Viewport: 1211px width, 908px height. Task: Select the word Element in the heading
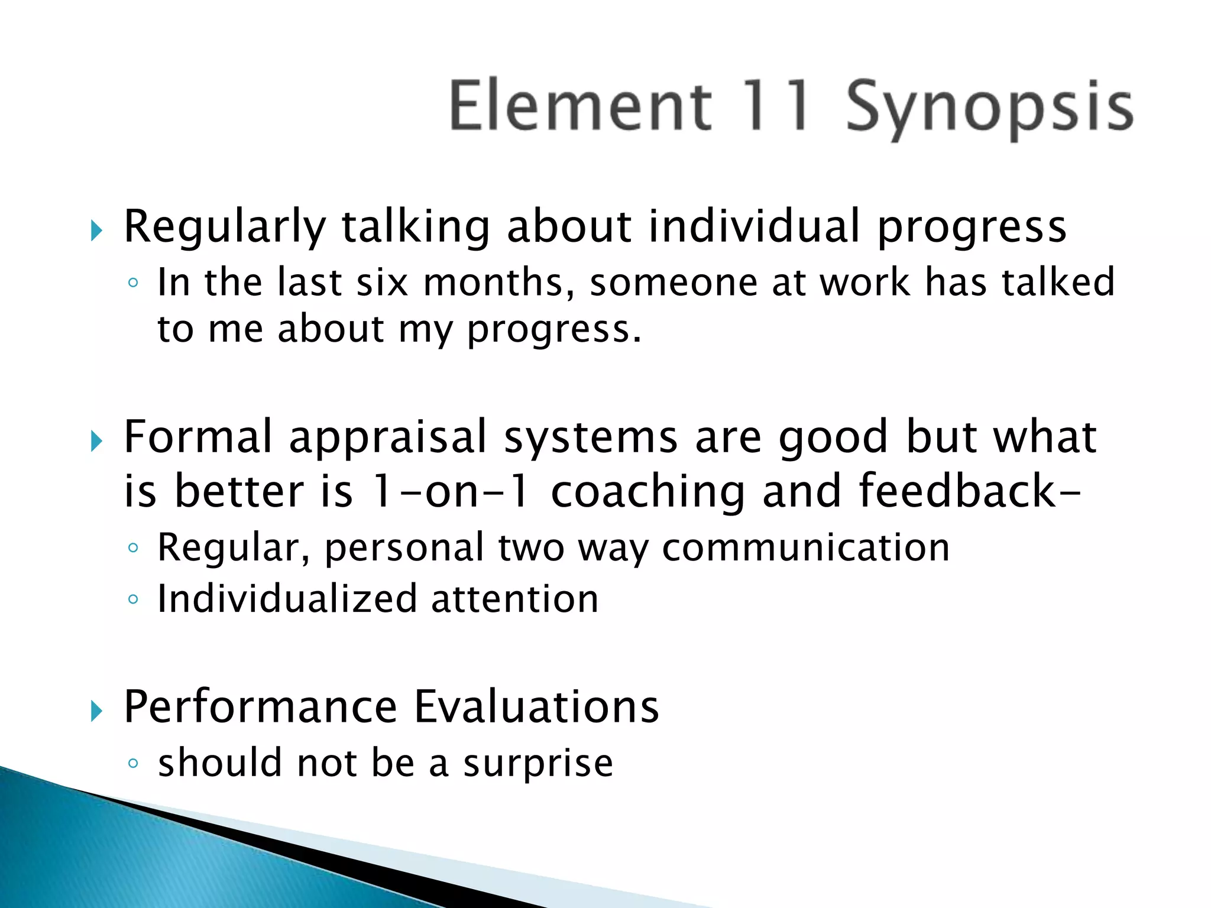(580, 106)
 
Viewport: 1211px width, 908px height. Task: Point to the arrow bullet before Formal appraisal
(97, 441)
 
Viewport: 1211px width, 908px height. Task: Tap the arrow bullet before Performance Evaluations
(97, 711)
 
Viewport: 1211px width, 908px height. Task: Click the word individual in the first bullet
(754, 226)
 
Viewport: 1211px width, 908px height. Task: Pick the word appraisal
(387, 437)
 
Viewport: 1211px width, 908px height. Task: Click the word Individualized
(287, 598)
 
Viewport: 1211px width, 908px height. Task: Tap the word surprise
(538, 764)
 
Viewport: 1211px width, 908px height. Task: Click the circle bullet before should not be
(133, 763)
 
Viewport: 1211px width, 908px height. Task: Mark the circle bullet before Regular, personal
(133, 548)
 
